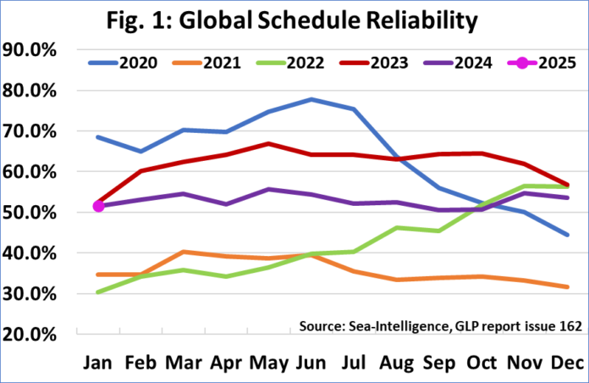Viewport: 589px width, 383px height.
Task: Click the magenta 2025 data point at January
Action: (99, 206)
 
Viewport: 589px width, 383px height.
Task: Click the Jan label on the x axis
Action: (98, 363)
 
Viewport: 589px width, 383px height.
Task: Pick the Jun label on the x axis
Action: (312, 363)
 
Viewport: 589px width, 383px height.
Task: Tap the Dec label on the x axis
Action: (567, 363)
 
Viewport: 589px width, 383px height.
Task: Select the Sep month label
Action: (439, 363)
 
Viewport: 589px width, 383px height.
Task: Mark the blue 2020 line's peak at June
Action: (312, 99)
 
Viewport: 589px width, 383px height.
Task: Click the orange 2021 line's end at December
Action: (567, 287)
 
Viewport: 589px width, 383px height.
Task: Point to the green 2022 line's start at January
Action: (99, 292)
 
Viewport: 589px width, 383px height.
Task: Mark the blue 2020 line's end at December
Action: (567, 235)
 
